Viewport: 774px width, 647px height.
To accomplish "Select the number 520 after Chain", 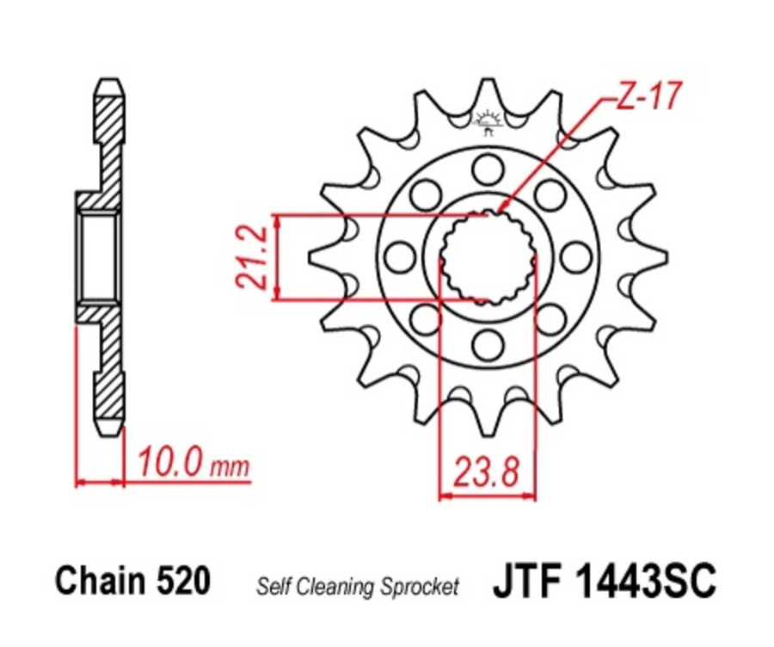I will pos(182,581).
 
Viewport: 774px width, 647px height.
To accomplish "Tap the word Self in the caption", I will pos(271,587).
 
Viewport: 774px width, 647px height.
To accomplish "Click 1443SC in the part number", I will pos(648,581).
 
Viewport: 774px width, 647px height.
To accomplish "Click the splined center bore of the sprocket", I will pos(487,256).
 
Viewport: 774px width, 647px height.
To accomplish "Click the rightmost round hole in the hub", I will pos(574,256).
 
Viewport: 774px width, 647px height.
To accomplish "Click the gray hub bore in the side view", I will pos(99,256).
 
